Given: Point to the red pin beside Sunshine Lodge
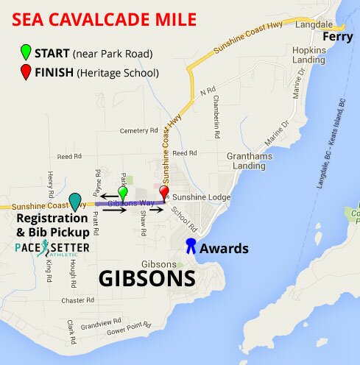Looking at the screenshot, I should pyautogui.click(x=164, y=193).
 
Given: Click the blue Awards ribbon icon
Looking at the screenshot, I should pyautogui.click(x=191, y=246).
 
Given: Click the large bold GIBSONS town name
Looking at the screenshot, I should pyautogui.click(x=147, y=280).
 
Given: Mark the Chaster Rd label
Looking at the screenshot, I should pyautogui.click(x=78, y=300).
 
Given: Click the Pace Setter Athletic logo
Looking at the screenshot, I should pyautogui.click(x=52, y=247).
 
